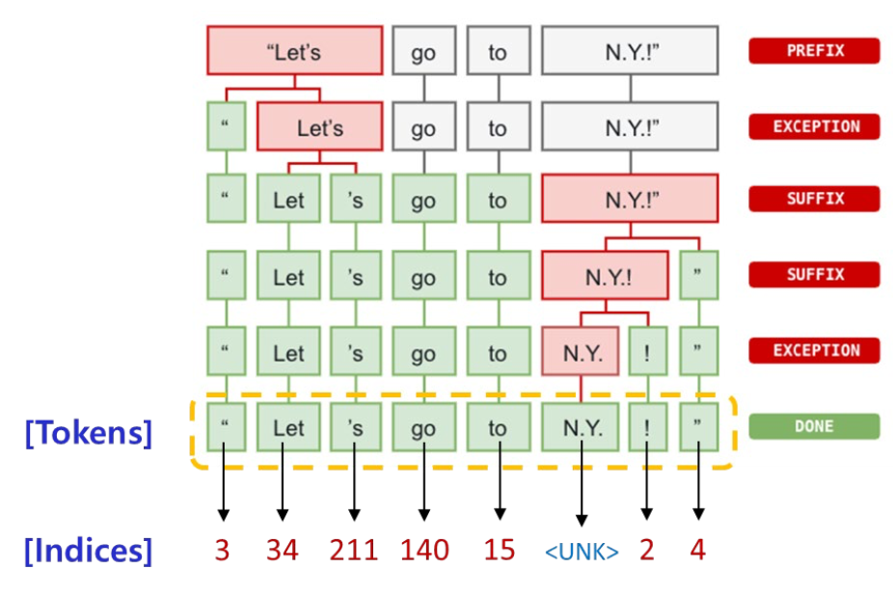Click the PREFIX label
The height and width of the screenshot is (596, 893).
[814, 51]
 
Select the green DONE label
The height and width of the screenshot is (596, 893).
[814, 426]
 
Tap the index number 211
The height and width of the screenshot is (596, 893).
[354, 550]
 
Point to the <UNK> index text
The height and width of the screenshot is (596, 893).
[582, 552]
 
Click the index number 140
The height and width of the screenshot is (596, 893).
[424, 550]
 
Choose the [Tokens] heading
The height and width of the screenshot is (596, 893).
[89, 433]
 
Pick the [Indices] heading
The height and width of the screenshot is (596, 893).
[89, 551]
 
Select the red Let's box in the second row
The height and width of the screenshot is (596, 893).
[320, 127]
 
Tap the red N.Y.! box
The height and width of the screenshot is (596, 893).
[606, 278]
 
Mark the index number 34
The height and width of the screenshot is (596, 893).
[282, 550]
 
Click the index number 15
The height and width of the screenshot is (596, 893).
[500, 550]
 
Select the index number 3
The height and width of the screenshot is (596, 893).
[223, 550]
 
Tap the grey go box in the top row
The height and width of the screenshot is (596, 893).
[423, 51]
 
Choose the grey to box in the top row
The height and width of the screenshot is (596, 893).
[497, 51]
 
